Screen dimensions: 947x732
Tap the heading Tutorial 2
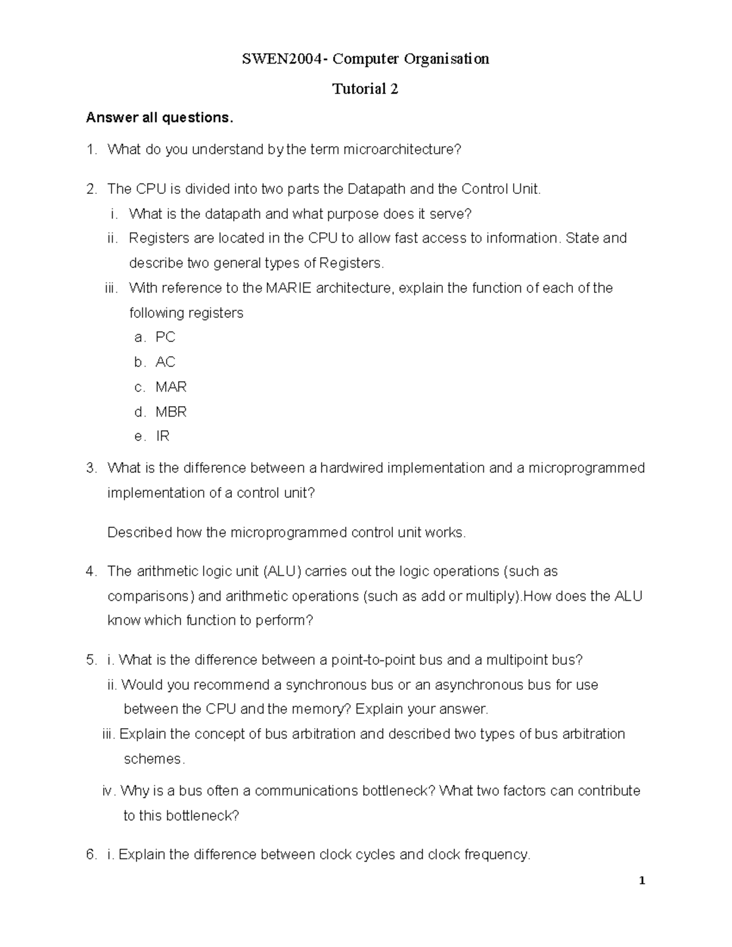(365, 89)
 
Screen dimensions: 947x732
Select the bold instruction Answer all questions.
(160, 118)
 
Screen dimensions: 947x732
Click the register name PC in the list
(165, 337)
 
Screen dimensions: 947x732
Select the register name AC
(165, 362)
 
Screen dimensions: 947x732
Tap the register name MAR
(171, 387)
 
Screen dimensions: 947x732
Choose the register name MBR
(171, 412)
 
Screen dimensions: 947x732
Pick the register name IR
(162, 437)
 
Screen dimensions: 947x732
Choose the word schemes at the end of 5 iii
(152, 759)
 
